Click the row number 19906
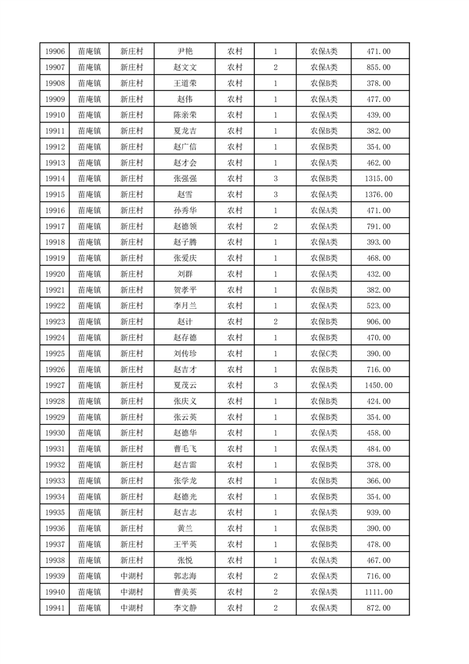point(54,52)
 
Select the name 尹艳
point(185,52)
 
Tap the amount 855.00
point(379,68)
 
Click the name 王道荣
point(185,84)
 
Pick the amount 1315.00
point(379,179)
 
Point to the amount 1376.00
point(379,195)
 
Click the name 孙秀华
point(185,211)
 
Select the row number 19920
point(54,274)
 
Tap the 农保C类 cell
point(324,353)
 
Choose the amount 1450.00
point(379,385)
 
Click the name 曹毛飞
point(185,449)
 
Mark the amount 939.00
point(379,512)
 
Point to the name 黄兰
point(185,528)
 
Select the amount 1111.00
point(379,592)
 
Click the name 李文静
point(185,608)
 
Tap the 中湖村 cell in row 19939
point(131,576)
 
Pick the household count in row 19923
point(276,322)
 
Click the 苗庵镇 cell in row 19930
point(89,433)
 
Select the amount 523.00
point(379,306)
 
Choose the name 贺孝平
point(185,290)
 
